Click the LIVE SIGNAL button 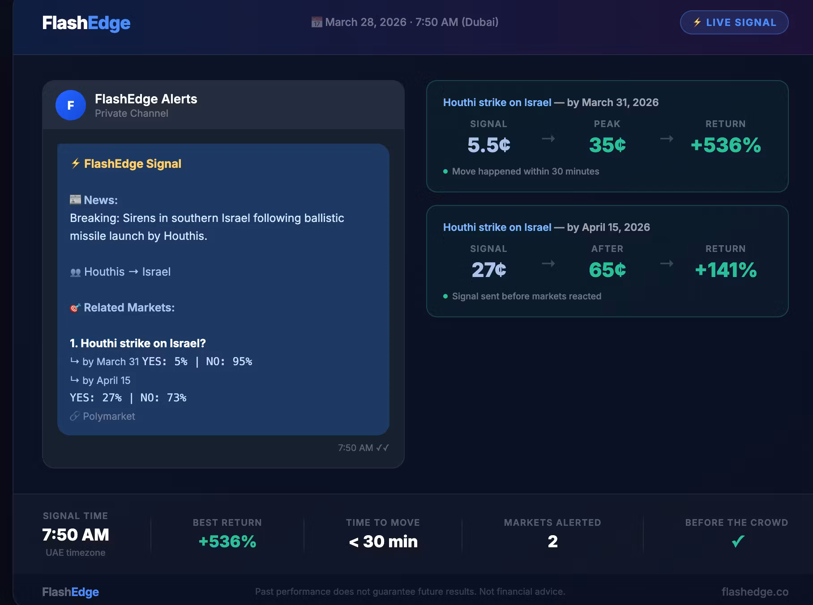734,22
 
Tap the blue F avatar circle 71,105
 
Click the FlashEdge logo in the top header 86,23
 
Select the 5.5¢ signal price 488,145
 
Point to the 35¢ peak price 607,145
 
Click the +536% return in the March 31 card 726,145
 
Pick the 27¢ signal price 488,270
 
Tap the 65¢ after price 607,270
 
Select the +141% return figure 726,270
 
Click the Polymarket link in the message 109,416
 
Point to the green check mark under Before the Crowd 738,541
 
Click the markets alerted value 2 553,541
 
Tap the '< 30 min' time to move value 383,541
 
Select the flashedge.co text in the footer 755,592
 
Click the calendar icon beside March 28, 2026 317,22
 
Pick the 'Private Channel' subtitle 132,113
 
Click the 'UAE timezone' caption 76,553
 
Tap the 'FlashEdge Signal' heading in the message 133,164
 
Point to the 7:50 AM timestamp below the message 355,448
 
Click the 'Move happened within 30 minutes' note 526,171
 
